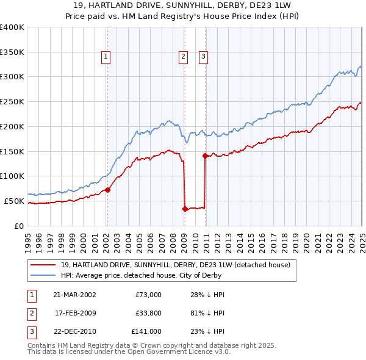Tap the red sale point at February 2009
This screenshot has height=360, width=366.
point(184,209)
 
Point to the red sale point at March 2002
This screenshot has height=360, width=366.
point(107,190)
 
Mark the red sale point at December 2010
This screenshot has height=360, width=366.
point(205,156)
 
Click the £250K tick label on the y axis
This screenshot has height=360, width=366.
point(12,101)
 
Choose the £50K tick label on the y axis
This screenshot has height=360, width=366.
point(14,201)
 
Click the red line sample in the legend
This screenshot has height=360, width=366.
point(43,265)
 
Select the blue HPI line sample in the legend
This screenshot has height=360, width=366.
point(43,275)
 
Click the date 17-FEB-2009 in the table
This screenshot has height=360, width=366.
point(76,313)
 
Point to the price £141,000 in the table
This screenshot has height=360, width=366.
point(146,332)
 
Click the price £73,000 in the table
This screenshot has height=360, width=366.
point(148,295)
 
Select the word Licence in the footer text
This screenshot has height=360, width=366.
point(198,352)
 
